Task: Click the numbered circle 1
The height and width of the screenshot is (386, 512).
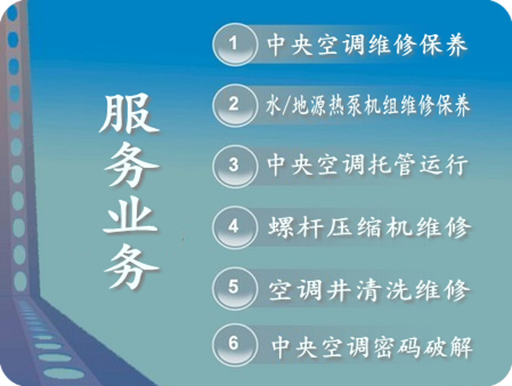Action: (234, 44)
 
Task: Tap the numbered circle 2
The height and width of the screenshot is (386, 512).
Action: (234, 105)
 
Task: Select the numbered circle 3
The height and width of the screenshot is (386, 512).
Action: (234, 166)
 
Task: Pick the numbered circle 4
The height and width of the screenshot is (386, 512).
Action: (234, 227)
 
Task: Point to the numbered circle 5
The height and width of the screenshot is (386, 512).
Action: (234, 288)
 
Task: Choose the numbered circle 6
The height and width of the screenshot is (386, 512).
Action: (234, 344)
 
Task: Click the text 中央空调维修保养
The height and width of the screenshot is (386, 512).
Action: (367, 44)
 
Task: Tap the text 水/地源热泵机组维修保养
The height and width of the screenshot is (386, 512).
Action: (368, 105)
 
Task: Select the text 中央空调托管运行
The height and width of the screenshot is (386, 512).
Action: (367, 166)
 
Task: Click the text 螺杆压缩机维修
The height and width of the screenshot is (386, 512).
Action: (369, 227)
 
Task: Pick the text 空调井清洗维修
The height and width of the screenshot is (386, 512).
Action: (369, 289)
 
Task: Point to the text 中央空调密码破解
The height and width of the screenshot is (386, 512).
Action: (372, 347)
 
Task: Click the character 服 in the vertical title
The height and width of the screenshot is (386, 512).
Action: (130, 113)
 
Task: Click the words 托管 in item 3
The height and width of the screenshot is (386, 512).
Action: (393, 166)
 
